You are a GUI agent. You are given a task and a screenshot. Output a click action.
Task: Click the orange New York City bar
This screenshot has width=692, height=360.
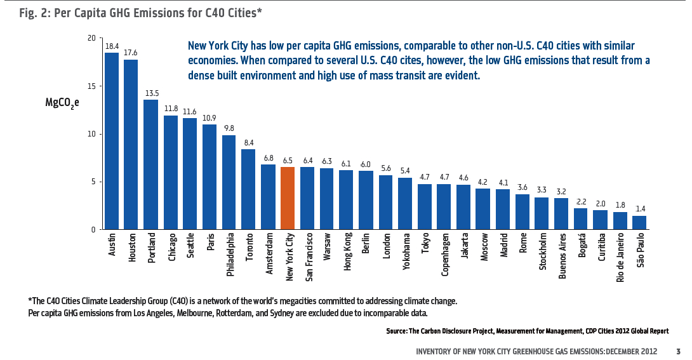[x=288, y=198]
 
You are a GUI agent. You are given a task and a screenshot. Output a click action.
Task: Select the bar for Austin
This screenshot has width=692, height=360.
[x=112, y=141]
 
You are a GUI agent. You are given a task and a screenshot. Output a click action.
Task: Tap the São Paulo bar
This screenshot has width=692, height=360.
[x=639, y=222]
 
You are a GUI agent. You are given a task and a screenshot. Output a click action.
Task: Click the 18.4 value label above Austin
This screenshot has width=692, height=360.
[x=112, y=46]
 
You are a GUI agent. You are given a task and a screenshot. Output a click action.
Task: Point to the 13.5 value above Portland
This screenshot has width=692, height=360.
[x=151, y=93]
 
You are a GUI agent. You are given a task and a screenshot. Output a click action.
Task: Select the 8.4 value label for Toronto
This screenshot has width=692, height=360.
[x=249, y=143]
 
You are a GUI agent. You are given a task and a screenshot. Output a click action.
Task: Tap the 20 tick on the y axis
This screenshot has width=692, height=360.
[x=91, y=38]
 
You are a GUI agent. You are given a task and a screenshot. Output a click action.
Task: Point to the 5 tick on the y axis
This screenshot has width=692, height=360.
[x=93, y=182]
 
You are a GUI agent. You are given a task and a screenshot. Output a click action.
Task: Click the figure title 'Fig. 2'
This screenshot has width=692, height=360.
[x=20, y=12]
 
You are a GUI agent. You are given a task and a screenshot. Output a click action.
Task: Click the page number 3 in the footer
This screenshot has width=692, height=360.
[x=678, y=351]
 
